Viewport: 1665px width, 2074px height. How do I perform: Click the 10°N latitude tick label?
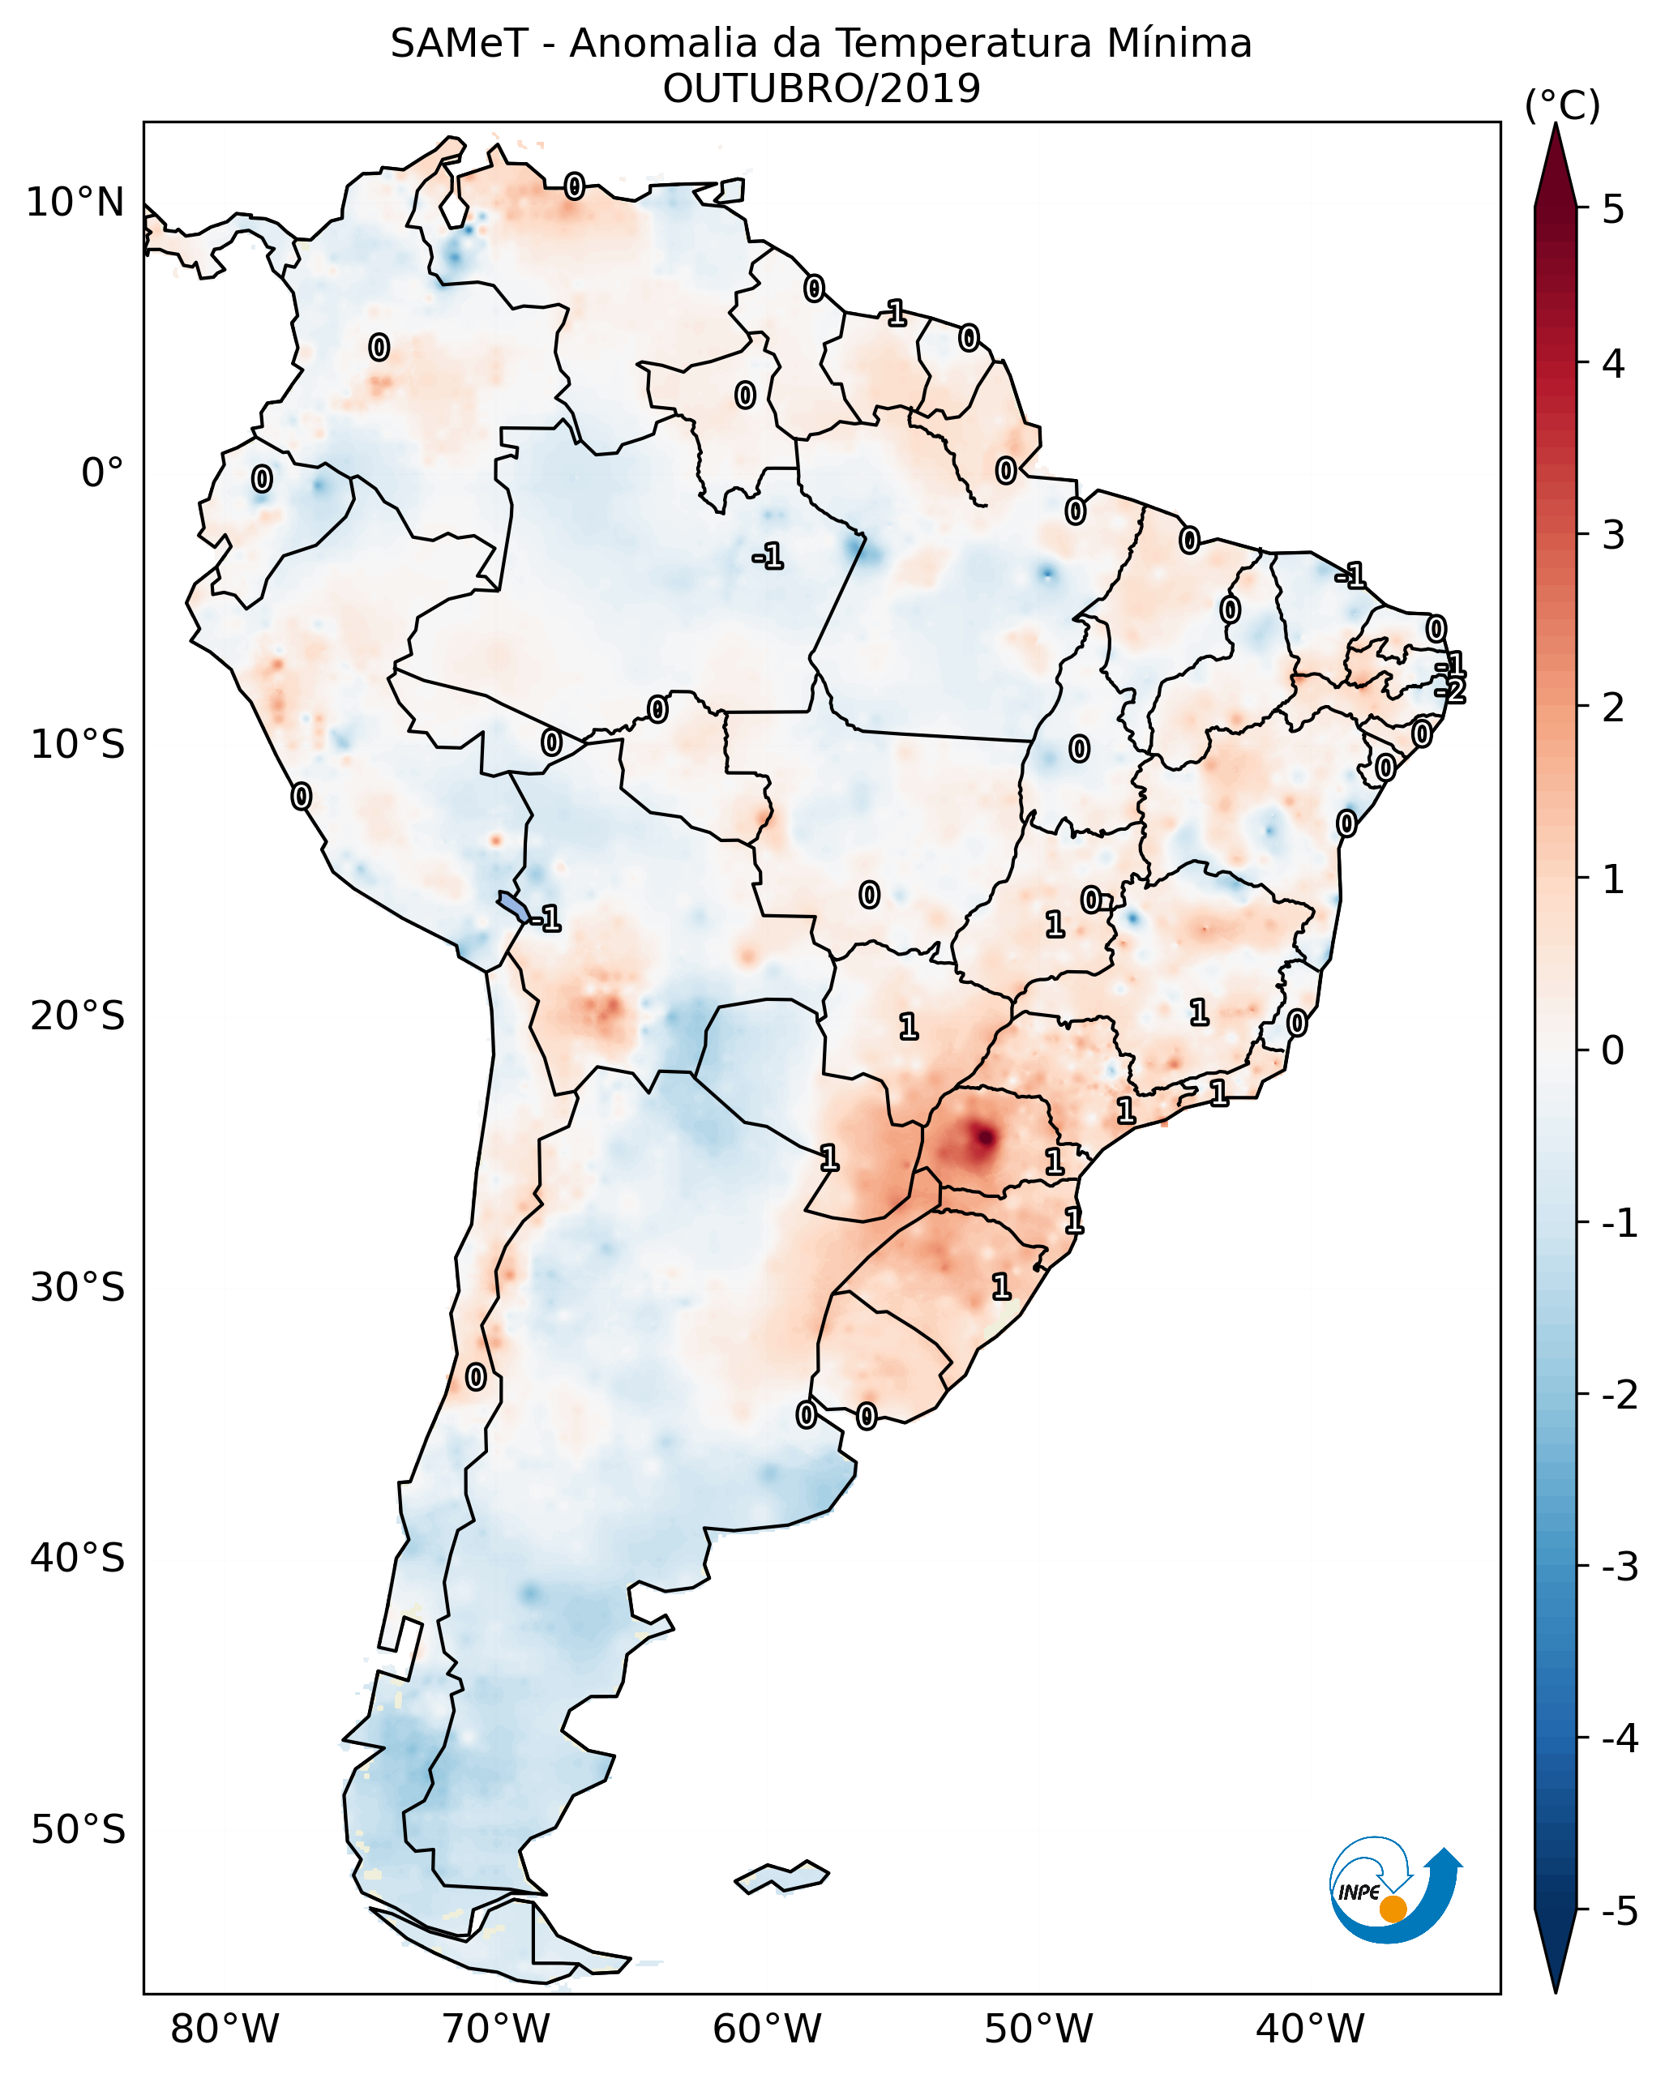[75, 203]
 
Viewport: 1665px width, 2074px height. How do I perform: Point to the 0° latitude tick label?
[102, 473]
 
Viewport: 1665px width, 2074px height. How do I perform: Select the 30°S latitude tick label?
[77, 1287]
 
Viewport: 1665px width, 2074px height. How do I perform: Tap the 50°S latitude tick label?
[77, 1830]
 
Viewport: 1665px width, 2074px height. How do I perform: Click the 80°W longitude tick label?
[224, 2028]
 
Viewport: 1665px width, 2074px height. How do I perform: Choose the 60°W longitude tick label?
[767, 2028]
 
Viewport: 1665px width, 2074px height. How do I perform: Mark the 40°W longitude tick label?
[1309, 2028]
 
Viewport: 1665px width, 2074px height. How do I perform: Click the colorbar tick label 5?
[1613, 209]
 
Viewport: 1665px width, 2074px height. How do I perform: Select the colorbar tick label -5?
[1619, 1910]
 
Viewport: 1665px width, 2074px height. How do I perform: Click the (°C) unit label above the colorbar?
[1562, 106]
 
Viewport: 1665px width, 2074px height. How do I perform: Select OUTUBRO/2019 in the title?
[821, 89]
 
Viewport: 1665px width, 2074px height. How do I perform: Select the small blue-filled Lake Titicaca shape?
[512, 905]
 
